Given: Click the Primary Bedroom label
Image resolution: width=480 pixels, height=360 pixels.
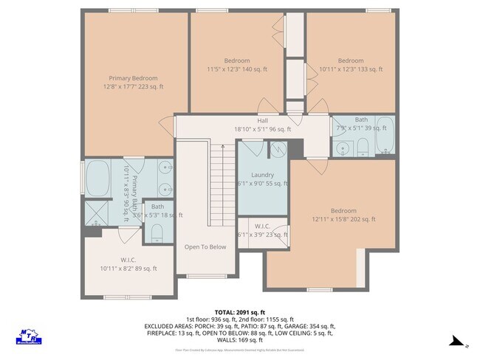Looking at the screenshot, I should [x=133, y=78].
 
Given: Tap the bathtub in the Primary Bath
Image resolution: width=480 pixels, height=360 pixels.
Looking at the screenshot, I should [x=97, y=179].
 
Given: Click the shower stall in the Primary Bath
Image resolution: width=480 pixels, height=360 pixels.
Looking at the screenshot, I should [x=96, y=214].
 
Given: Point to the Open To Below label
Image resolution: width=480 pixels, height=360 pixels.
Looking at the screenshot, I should [x=205, y=247].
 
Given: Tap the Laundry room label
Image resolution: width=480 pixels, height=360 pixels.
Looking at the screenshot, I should [x=258, y=175].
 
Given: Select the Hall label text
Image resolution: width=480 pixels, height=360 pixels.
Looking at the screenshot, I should [x=262, y=120].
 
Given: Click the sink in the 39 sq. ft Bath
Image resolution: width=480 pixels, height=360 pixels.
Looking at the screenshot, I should [x=343, y=149].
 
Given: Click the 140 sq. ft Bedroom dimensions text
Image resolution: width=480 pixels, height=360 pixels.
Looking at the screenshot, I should [x=236, y=69].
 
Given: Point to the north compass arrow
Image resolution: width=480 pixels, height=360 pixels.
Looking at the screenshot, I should [x=458, y=342].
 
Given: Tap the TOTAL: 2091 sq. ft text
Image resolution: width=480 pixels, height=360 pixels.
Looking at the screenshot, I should [x=239, y=312].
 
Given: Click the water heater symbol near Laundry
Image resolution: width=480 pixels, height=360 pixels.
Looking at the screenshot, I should [x=276, y=149].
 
